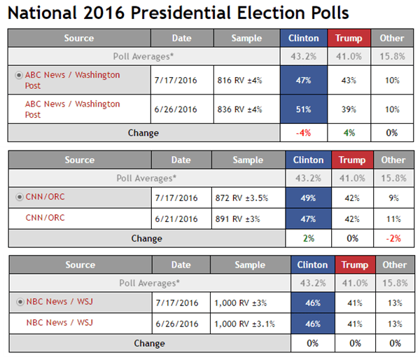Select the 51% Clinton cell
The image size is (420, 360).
click(x=303, y=109)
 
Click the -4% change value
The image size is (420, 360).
click(x=303, y=132)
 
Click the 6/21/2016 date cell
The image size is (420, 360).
click(x=179, y=219)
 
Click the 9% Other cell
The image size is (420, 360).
click(x=393, y=198)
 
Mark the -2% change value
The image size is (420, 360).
click(x=393, y=238)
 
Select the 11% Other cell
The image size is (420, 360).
click(x=393, y=219)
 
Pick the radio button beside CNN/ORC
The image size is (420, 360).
click(x=20, y=198)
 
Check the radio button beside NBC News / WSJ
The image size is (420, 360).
click(x=20, y=303)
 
